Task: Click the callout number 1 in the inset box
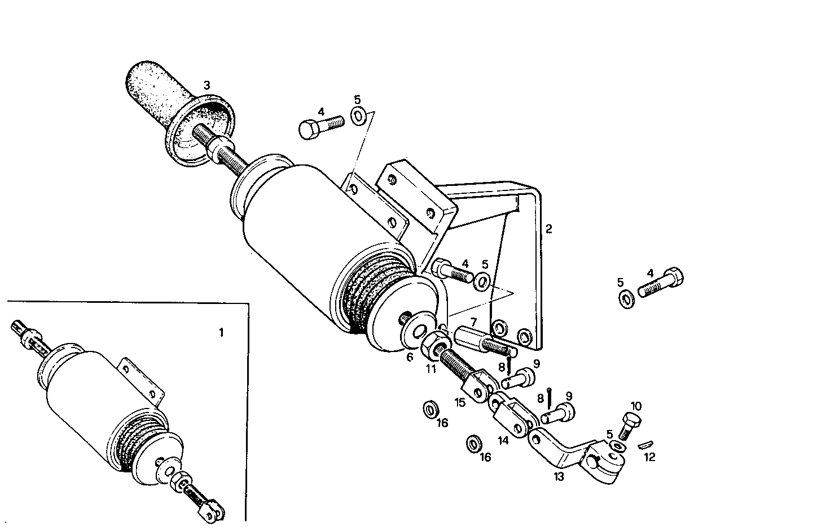221,333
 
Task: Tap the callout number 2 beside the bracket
548,229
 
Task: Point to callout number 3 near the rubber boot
207,85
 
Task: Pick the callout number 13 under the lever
559,476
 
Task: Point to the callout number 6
410,357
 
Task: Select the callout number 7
473,322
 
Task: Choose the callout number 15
460,402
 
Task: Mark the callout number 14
503,440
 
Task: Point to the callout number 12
649,457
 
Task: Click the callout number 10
635,406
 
